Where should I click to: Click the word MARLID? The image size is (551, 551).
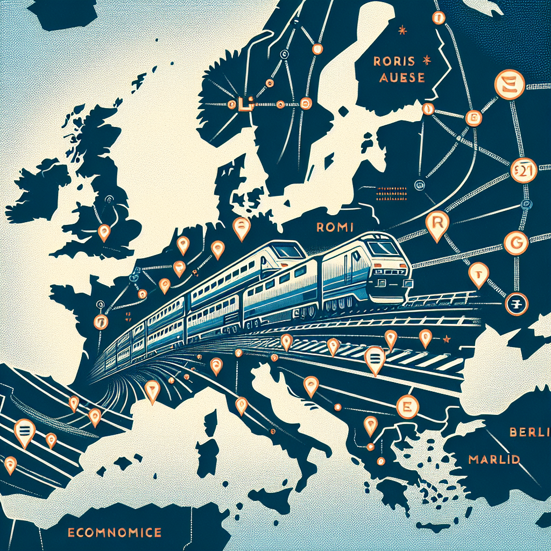tap(493, 460)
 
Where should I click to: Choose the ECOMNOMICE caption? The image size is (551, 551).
tap(115, 533)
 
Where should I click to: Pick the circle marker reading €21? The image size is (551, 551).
tap(520, 171)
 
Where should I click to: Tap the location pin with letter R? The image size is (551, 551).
tap(436, 222)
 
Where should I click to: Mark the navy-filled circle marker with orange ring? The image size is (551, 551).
tap(515, 305)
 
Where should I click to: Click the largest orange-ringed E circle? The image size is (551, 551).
tap(508, 87)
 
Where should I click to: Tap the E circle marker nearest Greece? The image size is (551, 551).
tap(407, 407)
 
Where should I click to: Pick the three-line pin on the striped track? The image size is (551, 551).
tap(375, 357)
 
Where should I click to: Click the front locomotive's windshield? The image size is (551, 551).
tap(385, 248)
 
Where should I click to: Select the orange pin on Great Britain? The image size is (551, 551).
tap(104, 232)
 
